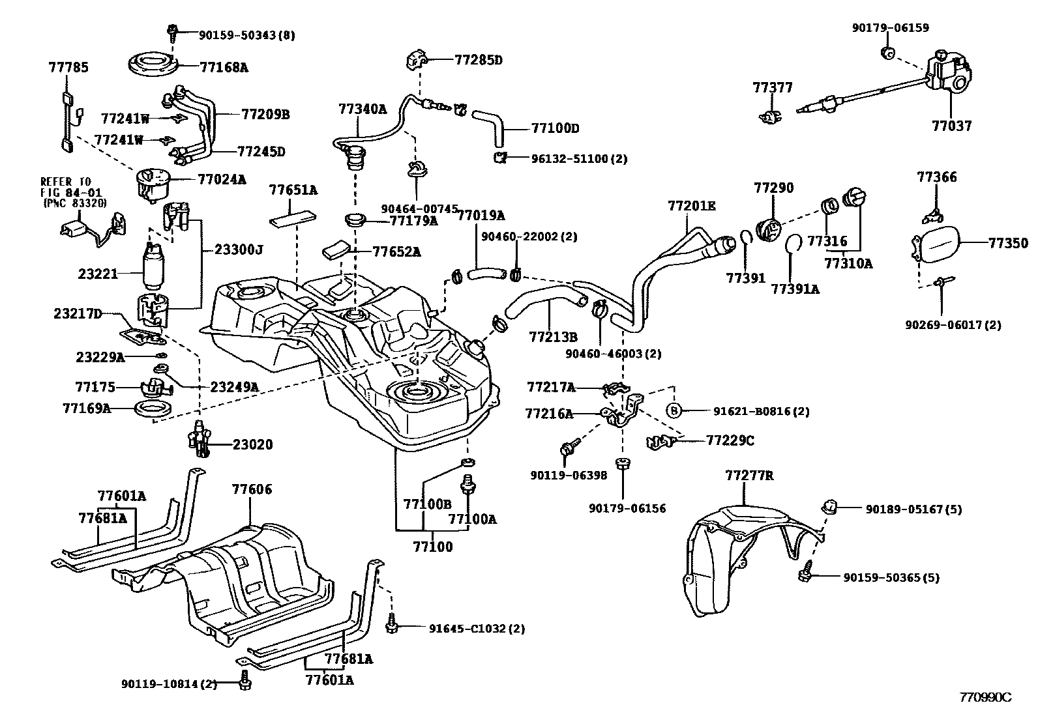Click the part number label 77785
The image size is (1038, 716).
pyautogui.click(x=68, y=67)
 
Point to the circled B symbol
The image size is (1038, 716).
pyautogui.click(x=674, y=410)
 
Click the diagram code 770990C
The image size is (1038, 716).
pyautogui.click(x=985, y=697)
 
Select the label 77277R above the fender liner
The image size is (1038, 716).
pyautogui.click(x=749, y=476)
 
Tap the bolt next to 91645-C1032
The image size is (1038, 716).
pyautogui.click(x=393, y=624)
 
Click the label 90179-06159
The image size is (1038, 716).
pyautogui.click(x=890, y=28)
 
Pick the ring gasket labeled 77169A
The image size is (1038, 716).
pyautogui.click(x=153, y=410)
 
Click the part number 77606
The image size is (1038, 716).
pyautogui.click(x=252, y=489)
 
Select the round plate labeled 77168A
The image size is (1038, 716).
pyautogui.click(x=153, y=66)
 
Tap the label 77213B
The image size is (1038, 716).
pyautogui.click(x=553, y=337)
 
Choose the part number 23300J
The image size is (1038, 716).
pyautogui.click(x=239, y=250)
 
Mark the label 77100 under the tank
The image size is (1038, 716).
pyautogui.click(x=432, y=546)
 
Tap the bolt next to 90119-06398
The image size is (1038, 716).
pyautogui.click(x=567, y=448)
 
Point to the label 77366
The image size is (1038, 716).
pyautogui.click(x=936, y=177)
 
